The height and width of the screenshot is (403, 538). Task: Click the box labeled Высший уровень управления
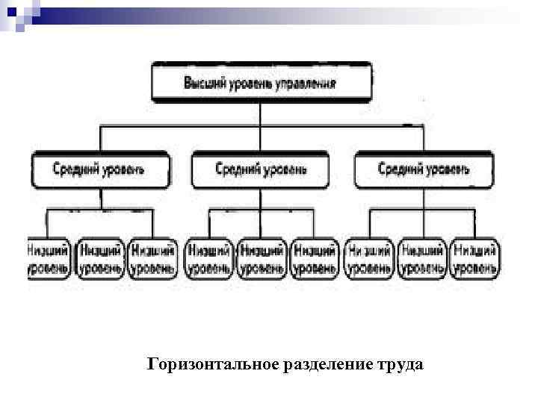[x=260, y=82]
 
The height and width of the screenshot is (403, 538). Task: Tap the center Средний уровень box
[x=260, y=169]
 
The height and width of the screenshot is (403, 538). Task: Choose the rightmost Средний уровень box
[x=423, y=169]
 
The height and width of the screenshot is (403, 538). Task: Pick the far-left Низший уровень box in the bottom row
[x=50, y=259]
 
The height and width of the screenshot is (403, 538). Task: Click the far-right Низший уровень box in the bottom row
[x=476, y=259]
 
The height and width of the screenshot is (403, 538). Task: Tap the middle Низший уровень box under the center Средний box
[x=261, y=259]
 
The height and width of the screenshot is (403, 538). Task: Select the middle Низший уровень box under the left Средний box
[x=102, y=259]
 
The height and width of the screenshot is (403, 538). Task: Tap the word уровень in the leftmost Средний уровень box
[x=121, y=169]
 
